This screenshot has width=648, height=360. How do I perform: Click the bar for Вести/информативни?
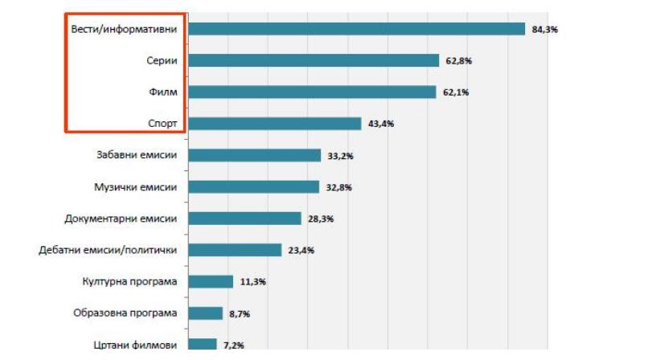coord(356,29)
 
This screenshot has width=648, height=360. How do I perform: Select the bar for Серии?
coord(314,60)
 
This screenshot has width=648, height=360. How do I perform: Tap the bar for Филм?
coord(312,92)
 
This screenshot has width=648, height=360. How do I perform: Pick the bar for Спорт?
coord(274,123)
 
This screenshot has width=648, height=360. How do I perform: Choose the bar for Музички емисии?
coord(253,186)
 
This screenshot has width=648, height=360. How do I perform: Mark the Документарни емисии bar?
coord(244,218)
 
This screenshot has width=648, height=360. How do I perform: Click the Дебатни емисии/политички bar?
coord(235,250)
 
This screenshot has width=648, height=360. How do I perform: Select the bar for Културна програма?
coord(211,281)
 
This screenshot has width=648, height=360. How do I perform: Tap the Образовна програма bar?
coord(205,313)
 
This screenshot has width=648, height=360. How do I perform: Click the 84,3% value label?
coord(544,30)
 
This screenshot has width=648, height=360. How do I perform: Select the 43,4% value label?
coord(380,124)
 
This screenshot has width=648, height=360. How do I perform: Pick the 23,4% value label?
coord(301,251)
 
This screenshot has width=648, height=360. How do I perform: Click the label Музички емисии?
coord(136,186)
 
